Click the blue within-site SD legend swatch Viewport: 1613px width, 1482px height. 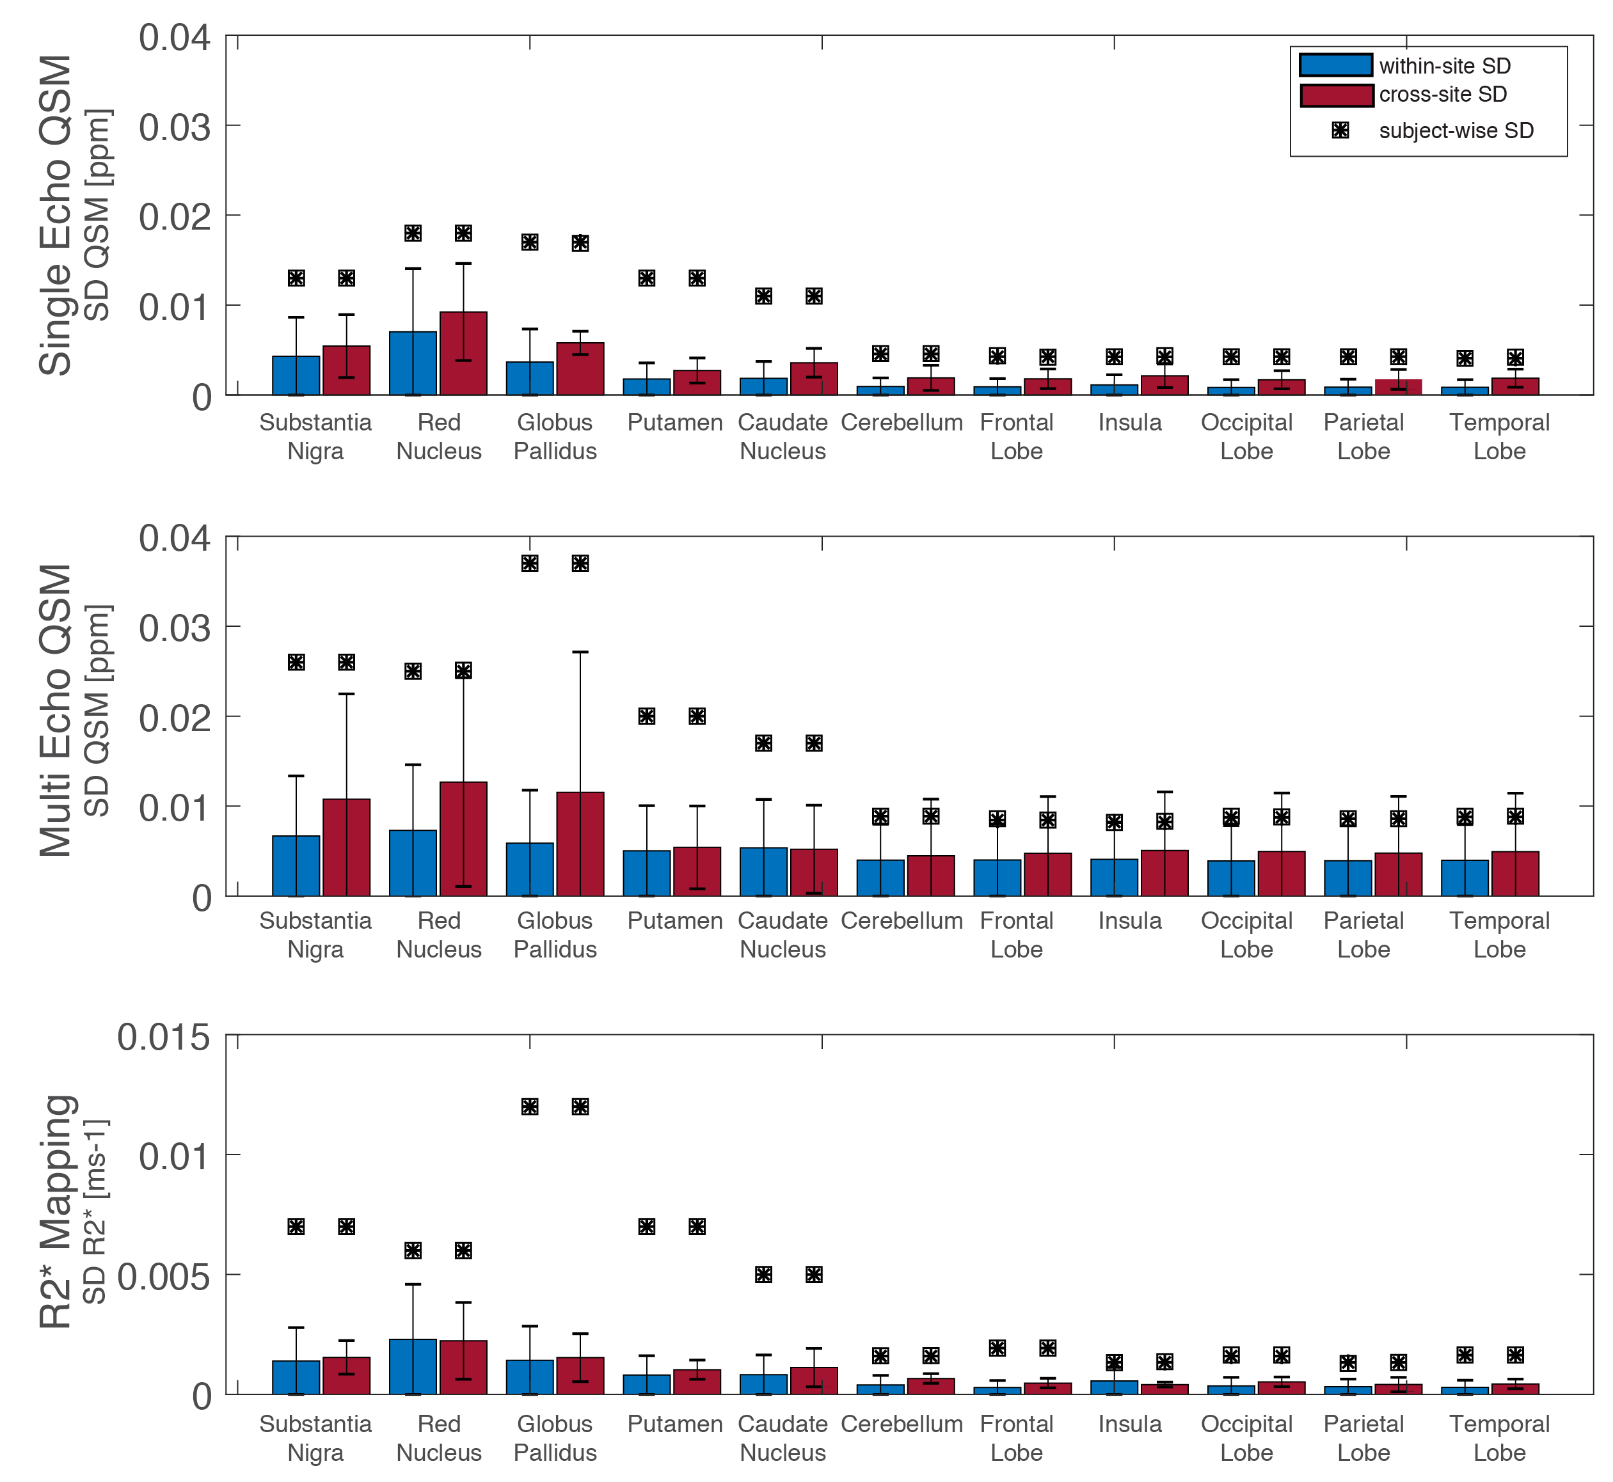pyautogui.click(x=1335, y=65)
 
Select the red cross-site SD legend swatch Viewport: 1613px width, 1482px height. pyautogui.click(x=1335, y=95)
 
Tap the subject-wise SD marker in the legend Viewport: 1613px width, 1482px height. pyautogui.click(x=1340, y=130)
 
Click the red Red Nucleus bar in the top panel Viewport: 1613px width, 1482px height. pyautogui.click(x=463, y=354)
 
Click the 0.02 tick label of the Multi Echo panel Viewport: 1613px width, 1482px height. pyautogui.click(x=174, y=717)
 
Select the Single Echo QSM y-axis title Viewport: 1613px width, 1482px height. pyautogui.click(x=56, y=215)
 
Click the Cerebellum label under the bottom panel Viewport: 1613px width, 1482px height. pyautogui.click(x=902, y=1424)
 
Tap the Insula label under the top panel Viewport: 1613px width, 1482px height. pyautogui.click(x=1129, y=423)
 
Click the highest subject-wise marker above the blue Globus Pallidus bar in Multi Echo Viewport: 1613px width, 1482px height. pyautogui.click(x=529, y=563)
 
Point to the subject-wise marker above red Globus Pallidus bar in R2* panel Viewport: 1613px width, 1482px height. pyautogui.click(x=580, y=1107)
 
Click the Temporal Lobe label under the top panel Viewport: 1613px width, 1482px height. pyautogui.click(x=1499, y=436)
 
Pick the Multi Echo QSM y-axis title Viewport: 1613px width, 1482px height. pyautogui.click(x=56, y=711)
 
